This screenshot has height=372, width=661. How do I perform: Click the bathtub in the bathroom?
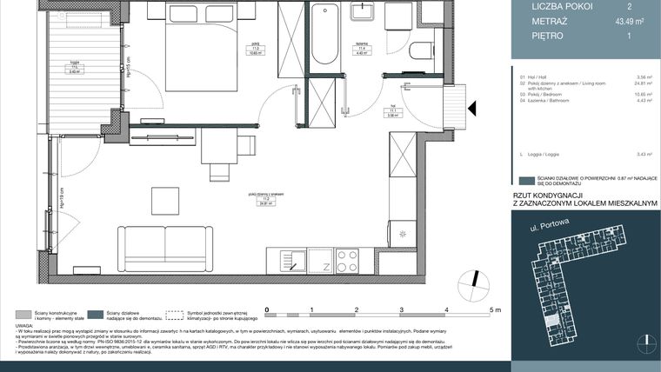click(x=324, y=36)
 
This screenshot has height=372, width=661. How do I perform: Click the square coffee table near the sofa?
click(x=165, y=201)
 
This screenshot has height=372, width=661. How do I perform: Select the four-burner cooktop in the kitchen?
click(x=347, y=261)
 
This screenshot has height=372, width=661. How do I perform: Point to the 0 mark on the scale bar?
click(x=267, y=310)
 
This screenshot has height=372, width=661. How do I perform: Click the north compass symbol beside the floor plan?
click(x=474, y=282)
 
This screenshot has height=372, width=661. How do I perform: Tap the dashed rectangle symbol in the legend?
click(x=177, y=314)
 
